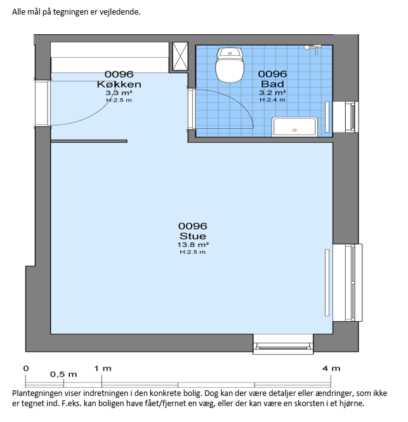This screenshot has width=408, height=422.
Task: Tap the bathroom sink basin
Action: coord(294,126)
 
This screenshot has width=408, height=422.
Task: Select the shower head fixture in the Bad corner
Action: coord(312,49)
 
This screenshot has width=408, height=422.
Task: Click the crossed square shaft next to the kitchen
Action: coord(180,56)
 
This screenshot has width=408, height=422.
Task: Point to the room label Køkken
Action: coord(119,84)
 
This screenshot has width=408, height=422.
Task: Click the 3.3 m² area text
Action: coord(119,93)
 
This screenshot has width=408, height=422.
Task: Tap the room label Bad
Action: coord(272,84)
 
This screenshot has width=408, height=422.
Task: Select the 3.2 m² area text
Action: coord(272,93)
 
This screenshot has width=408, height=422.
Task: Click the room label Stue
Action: coord(193,236)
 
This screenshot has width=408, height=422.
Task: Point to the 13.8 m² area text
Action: coord(193,245)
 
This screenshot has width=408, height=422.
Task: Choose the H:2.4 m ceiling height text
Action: coord(272,100)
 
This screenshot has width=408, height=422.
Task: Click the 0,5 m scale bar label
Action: coord(63,374)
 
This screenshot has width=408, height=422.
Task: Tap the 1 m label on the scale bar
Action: coord(103,369)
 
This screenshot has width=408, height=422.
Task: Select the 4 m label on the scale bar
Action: coord(331,369)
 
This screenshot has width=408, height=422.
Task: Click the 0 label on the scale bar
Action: coord(26,369)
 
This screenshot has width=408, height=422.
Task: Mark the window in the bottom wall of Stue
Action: coord(283,344)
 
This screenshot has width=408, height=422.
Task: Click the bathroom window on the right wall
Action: coord(346,117)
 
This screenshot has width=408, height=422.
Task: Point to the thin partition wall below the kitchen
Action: coord(89,141)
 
